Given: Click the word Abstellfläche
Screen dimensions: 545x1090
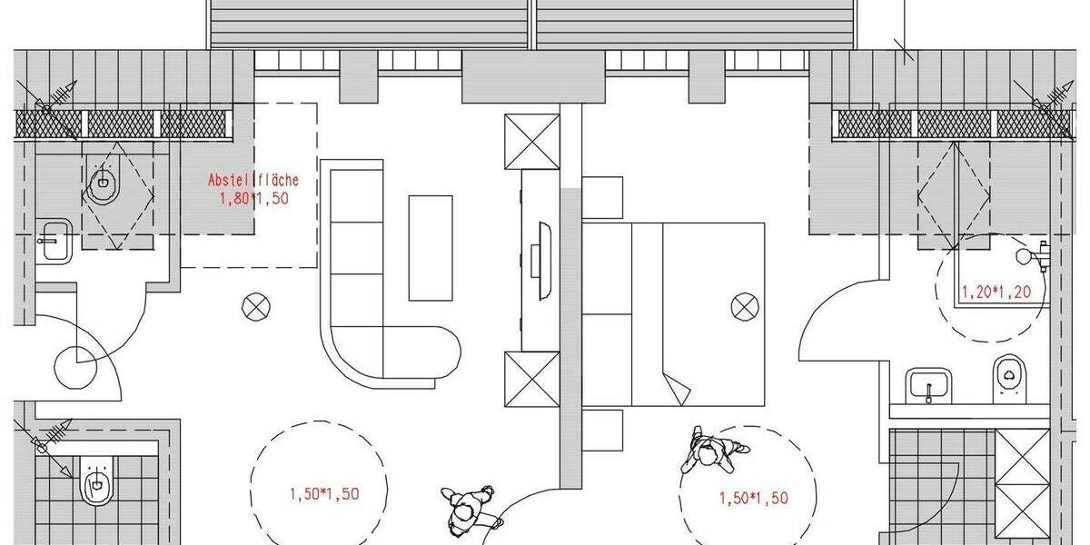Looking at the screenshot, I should pos(253,181).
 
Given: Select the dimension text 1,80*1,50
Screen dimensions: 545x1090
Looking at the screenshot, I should pos(253,198).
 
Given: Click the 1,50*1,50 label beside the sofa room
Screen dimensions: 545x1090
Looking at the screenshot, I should pos(324,494).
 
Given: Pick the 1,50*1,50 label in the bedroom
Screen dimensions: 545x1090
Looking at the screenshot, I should pos(753,498).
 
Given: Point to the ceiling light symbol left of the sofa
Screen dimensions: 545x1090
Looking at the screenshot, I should pos(256,307).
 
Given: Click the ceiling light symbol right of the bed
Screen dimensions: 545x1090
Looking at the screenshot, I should pos(744,307).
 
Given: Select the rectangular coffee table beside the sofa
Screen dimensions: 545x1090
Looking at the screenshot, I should pos(431,247).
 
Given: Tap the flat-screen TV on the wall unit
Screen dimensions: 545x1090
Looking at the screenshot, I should pos(544,260).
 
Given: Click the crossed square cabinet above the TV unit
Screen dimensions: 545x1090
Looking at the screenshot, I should pos(531,141).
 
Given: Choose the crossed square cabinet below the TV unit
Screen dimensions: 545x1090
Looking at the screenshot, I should pos(531,379).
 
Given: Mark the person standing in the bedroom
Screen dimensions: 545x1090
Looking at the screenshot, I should pos(711,451).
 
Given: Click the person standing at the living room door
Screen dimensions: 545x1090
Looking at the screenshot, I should pos(469,510).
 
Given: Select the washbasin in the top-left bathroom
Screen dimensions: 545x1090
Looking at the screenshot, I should pos(54,241).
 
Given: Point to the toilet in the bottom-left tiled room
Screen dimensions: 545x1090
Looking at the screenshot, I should pos(96,482).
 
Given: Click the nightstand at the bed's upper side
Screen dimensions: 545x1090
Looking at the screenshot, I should pos(602,198).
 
